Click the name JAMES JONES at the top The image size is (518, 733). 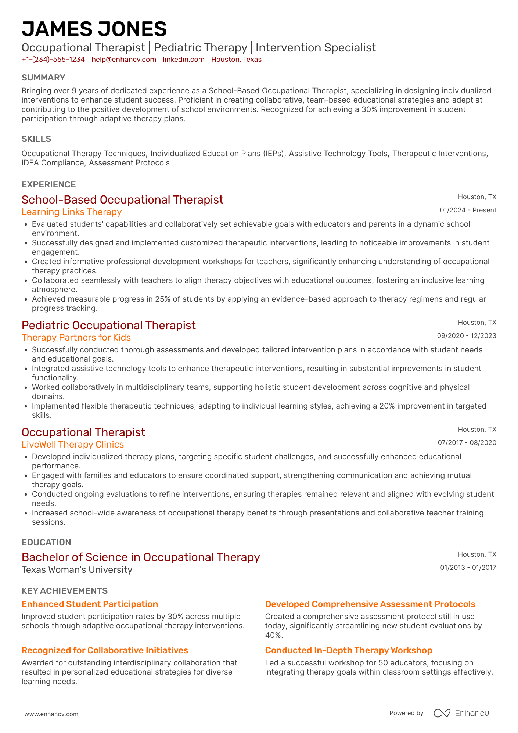94,29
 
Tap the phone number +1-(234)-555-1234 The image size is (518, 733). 53,60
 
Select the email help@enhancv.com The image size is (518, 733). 124,60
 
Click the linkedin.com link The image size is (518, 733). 184,60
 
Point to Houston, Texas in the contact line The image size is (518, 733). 236,60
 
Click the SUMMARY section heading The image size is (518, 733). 43,78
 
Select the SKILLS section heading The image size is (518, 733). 36,139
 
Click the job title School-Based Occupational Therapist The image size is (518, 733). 122,200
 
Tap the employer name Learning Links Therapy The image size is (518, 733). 72,212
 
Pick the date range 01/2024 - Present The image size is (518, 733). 468,210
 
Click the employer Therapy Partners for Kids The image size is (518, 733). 76,338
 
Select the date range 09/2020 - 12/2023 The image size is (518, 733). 466,336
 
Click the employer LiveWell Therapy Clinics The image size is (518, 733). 73,445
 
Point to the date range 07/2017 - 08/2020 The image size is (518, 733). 467,443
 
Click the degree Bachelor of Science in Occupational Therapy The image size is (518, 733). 141,557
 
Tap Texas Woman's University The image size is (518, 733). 77,570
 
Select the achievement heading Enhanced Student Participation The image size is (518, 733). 90,604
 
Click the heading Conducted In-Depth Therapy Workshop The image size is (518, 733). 348,650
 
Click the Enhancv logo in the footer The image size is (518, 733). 461,713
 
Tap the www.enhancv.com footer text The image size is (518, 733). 51,714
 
